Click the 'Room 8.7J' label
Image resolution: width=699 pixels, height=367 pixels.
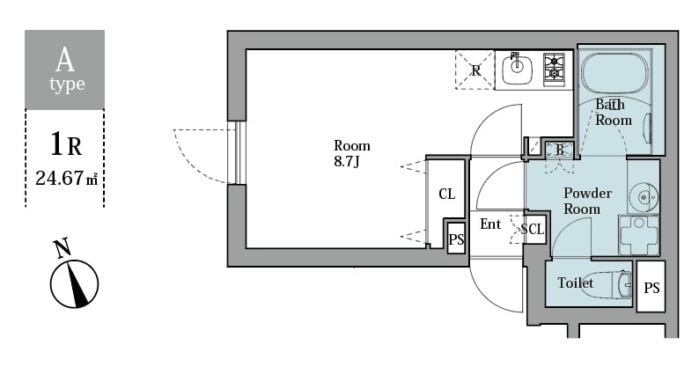click(x=351, y=153)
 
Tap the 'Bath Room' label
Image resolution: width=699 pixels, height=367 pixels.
click(x=613, y=112)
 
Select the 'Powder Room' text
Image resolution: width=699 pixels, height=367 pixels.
click(x=581, y=201)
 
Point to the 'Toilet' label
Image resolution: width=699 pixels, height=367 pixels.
click(x=575, y=283)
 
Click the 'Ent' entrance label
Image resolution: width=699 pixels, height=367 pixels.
click(x=490, y=224)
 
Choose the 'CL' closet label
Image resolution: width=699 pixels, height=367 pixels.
click(x=446, y=194)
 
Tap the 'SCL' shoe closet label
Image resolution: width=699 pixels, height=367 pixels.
click(x=533, y=230)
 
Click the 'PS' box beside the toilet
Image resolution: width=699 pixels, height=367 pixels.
click(x=651, y=288)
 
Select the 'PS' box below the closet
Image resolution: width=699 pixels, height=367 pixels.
click(x=456, y=239)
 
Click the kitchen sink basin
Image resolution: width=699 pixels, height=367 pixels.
click(x=518, y=67)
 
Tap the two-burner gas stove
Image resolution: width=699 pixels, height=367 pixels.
click(x=555, y=68)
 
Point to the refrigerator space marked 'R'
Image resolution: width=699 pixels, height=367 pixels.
click(x=475, y=70)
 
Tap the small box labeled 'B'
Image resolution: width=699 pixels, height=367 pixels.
click(x=559, y=150)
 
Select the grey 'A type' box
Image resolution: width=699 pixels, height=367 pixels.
click(x=64, y=70)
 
